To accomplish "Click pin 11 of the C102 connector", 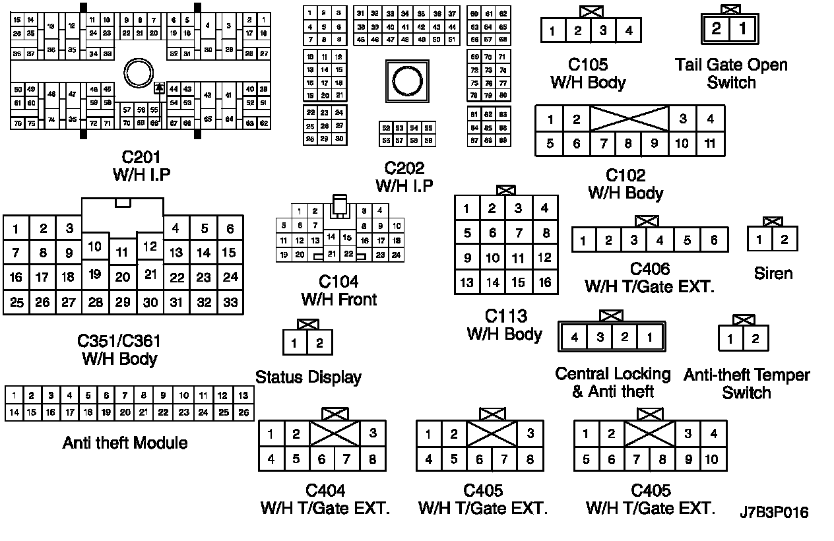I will (710, 144).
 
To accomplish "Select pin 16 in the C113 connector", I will (544, 282).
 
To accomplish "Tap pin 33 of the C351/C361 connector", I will (230, 303).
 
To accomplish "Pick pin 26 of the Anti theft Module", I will (243, 413).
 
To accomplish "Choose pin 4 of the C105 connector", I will (629, 30).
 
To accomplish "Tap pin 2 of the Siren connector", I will (785, 239).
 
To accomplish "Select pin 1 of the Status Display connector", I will (294, 342).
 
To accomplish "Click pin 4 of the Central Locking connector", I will (575, 338).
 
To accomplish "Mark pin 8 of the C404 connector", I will (373, 459).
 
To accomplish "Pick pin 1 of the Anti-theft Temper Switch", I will (730, 339).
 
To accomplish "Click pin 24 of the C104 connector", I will (396, 255).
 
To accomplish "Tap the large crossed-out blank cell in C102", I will (629, 119).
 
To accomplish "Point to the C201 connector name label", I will (142, 158).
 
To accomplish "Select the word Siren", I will (773, 273).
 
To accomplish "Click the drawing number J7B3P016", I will (774, 513).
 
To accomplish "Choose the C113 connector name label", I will (505, 316).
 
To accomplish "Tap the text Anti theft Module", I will (125, 443).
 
